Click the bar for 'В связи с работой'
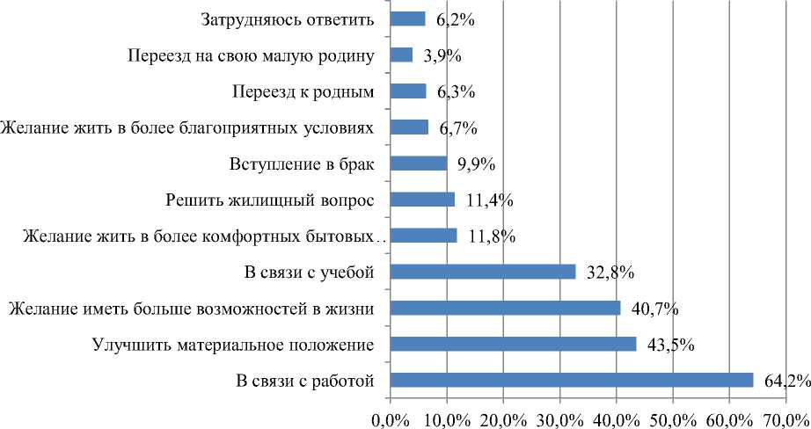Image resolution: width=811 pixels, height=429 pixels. point(571,380)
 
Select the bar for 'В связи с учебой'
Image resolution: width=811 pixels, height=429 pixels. point(482,272)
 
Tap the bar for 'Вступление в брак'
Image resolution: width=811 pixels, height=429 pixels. point(418,164)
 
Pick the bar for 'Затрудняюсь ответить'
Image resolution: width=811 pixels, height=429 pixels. point(407,19)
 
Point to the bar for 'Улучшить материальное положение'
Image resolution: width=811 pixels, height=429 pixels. point(513,344)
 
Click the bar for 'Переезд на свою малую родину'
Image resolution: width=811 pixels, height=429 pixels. point(401,55)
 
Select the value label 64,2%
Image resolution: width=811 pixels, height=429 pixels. point(784,380)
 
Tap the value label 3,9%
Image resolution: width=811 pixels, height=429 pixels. point(442,56)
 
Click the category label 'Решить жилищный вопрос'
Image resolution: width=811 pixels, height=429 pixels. point(271,200)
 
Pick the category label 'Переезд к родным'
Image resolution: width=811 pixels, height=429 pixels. point(303,91)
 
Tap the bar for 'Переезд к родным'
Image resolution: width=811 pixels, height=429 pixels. point(407,91)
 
